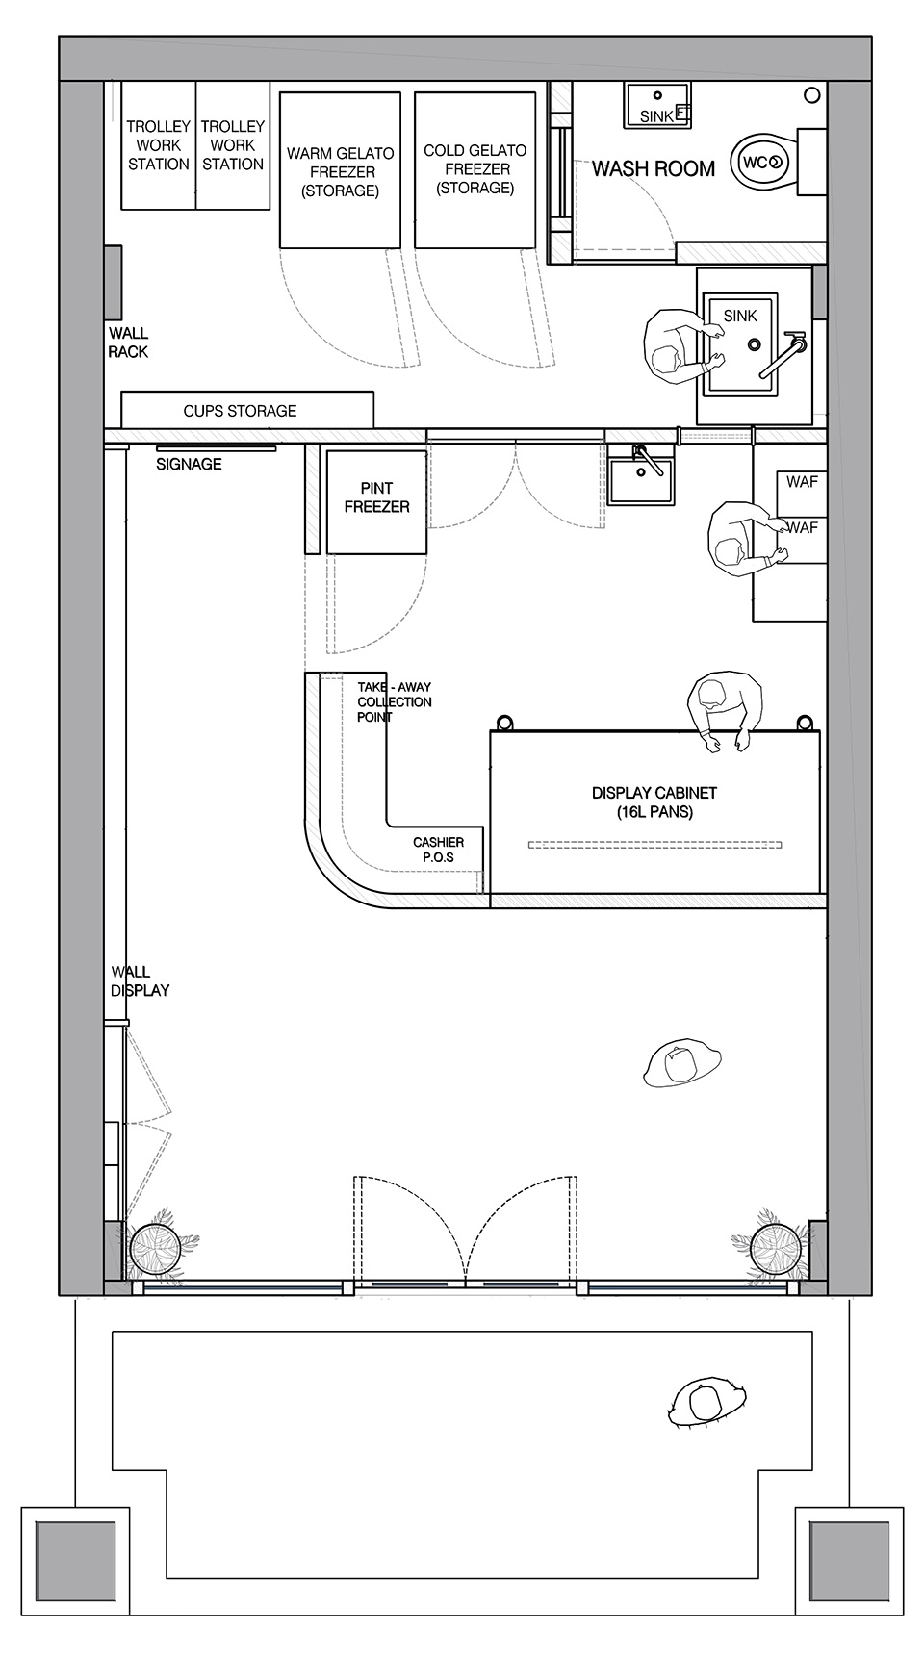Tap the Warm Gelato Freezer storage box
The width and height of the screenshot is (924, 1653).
(340, 170)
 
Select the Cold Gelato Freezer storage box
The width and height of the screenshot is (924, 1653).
(475, 170)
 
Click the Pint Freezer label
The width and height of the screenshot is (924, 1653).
(376, 497)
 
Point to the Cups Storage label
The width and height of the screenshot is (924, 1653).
(240, 411)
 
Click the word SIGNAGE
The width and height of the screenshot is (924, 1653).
(190, 464)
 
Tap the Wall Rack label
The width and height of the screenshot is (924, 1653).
(128, 343)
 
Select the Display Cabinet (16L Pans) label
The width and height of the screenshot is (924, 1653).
(654, 802)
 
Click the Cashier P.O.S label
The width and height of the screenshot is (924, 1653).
(438, 850)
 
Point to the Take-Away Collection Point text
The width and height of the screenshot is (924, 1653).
(395, 702)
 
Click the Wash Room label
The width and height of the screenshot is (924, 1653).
(654, 169)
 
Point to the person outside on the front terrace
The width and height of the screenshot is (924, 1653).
(707, 1401)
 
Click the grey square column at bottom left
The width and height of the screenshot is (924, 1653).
(75, 1561)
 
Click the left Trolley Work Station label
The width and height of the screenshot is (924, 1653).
(159, 145)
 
